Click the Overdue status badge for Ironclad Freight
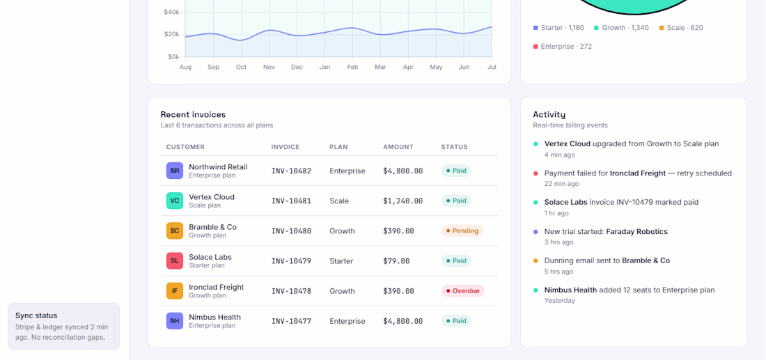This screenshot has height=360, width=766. click(462, 291)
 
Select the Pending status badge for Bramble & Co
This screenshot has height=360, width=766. click(462, 231)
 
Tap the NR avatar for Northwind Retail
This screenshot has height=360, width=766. click(174, 171)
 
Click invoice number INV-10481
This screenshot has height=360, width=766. click(291, 201)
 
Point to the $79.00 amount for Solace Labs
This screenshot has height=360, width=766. click(396, 261)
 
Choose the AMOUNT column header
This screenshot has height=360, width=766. click(398, 147)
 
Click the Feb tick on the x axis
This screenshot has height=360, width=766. click(353, 67)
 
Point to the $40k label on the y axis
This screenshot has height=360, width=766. click(171, 12)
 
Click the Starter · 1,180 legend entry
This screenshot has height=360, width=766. click(558, 28)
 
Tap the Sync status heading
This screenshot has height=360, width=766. click(36, 315)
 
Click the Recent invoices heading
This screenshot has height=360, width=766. click(193, 115)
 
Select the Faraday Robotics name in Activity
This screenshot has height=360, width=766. click(636, 232)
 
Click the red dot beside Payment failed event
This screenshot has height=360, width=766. click(536, 173)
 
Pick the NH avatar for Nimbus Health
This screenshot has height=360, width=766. click(174, 321)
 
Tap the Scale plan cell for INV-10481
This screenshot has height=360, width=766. click(339, 201)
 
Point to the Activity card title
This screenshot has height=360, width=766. click(549, 115)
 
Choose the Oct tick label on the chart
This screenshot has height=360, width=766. click(242, 67)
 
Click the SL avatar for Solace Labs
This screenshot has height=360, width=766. click(174, 261)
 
